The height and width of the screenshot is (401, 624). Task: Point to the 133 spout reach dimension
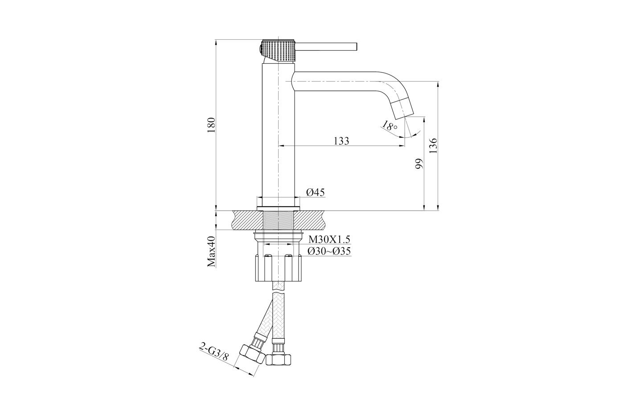point(341,141)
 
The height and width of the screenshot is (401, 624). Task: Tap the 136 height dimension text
point(433,146)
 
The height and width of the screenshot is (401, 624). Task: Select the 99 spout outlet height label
point(419,164)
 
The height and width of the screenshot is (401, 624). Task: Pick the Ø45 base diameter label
point(316,192)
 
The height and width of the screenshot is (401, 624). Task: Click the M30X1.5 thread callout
point(329,239)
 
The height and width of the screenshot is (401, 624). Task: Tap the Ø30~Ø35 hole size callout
point(329,251)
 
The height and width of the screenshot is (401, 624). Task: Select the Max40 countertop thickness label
point(212,251)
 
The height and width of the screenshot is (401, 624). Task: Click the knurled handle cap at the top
point(277,50)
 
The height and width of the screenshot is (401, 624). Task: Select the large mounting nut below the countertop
point(278,268)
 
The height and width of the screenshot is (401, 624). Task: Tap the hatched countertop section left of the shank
point(247,220)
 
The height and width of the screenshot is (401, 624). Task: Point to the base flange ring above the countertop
point(278,209)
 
